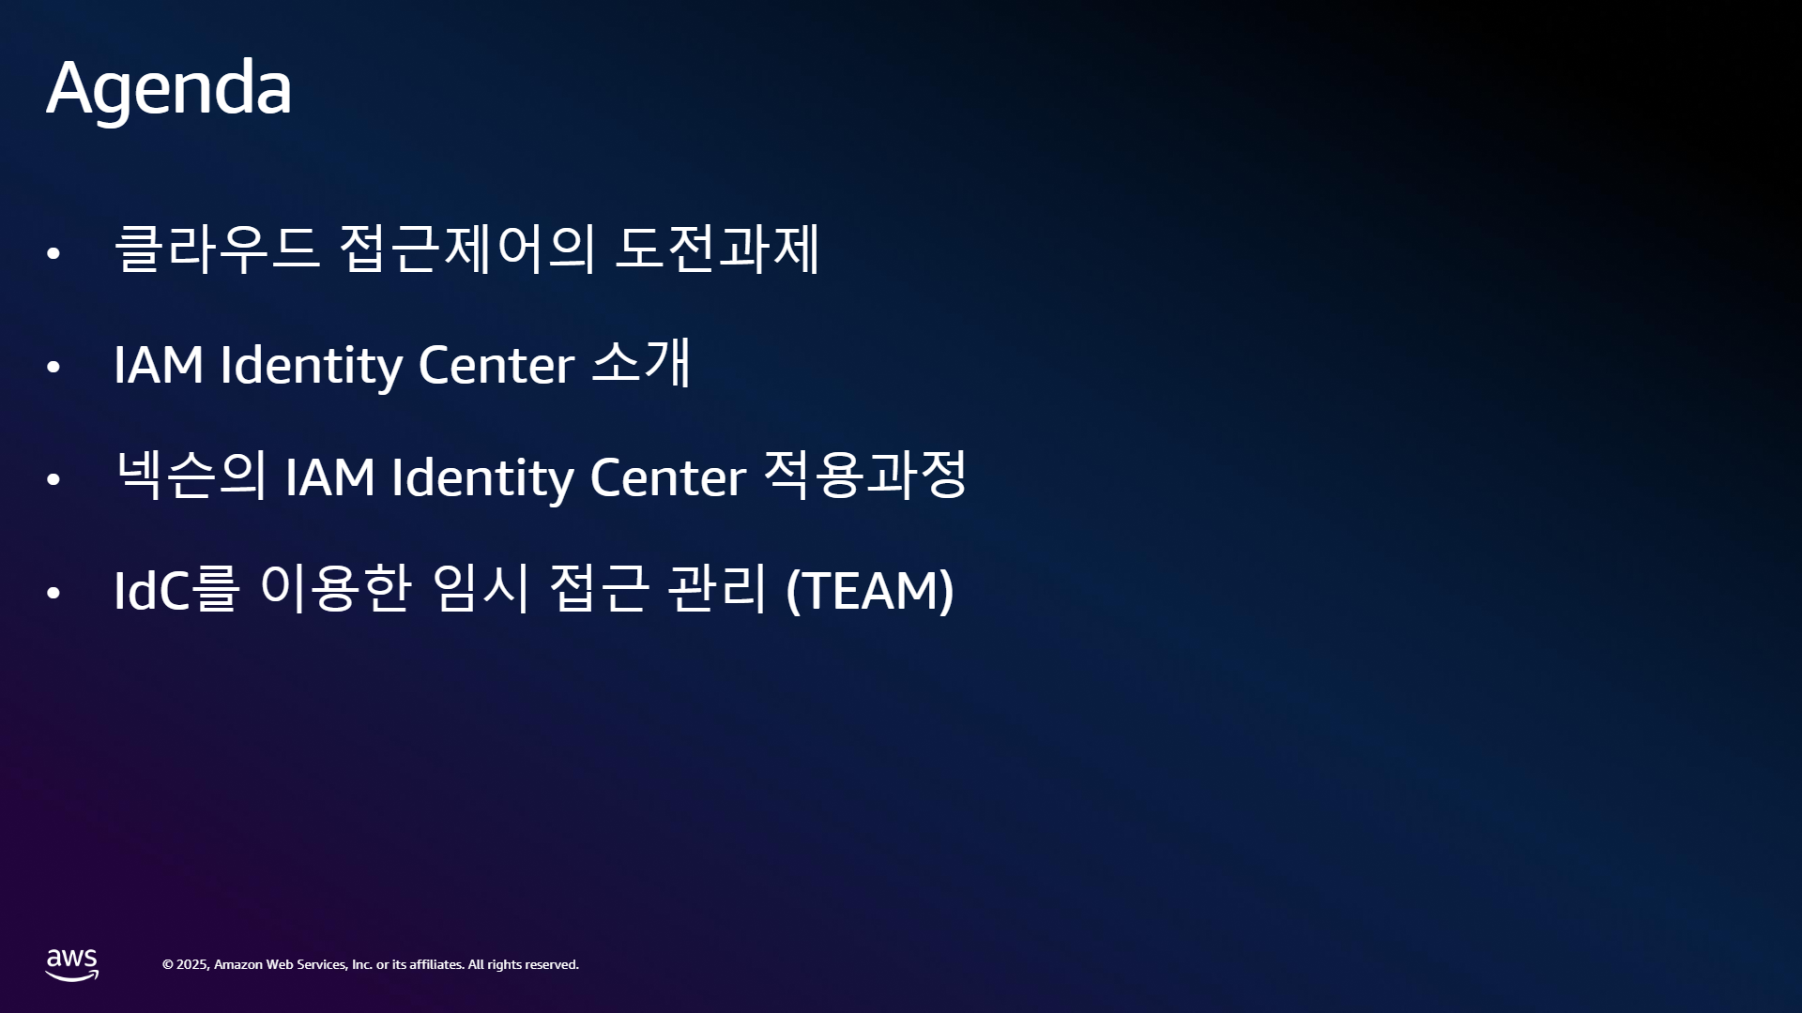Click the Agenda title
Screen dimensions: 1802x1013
169,88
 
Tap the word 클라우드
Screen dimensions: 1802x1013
217,249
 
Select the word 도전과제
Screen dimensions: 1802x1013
718,249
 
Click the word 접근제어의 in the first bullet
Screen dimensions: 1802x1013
466,249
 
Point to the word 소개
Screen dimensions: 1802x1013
642,363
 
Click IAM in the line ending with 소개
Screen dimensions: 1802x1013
159,365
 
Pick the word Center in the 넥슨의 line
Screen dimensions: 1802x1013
667,477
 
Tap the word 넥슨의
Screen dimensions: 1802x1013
191,475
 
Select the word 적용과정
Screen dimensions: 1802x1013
864,475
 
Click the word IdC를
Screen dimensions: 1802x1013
176,589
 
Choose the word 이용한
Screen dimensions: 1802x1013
336,588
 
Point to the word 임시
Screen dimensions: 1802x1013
481,588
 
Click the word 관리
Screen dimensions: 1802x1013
717,588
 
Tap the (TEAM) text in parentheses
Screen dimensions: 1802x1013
870,590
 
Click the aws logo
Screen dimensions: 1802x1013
72,965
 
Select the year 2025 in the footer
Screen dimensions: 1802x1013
192,965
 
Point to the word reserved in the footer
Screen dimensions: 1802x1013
552,965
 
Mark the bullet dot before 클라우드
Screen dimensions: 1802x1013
53,253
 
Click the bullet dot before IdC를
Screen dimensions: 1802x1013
53,593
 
